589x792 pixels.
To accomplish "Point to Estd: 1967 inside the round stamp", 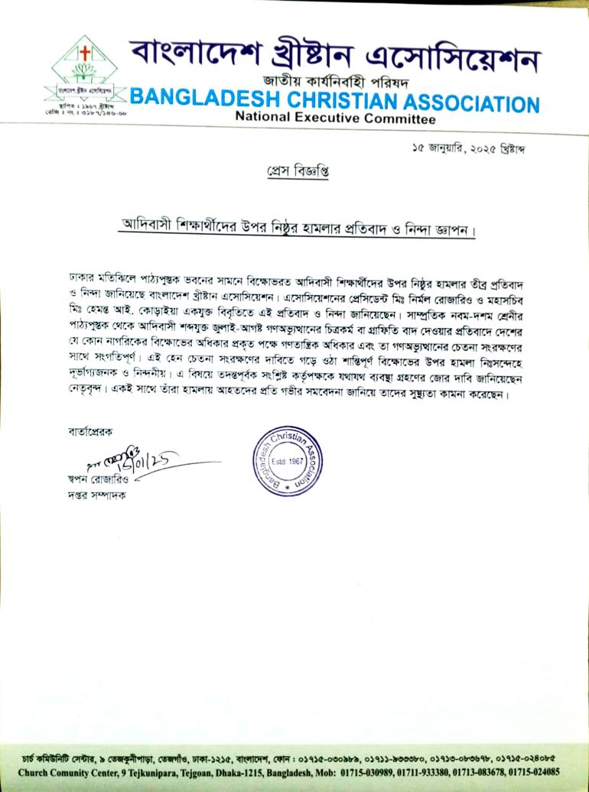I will coord(293,463).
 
